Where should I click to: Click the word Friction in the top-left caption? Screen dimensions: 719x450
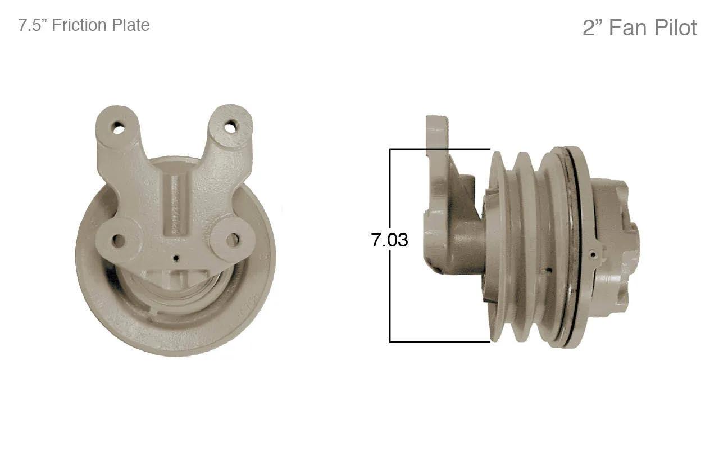pyautogui.click(x=79, y=25)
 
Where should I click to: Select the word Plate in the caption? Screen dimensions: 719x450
pyautogui.click(x=130, y=25)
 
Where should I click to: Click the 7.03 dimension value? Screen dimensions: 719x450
pyautogui.click(x=389, y=240)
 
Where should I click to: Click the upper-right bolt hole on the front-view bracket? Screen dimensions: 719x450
pyautogui.click(x=231, y=127)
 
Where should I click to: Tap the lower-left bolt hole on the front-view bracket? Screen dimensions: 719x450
pyautogui.click(x=119, y=240)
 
